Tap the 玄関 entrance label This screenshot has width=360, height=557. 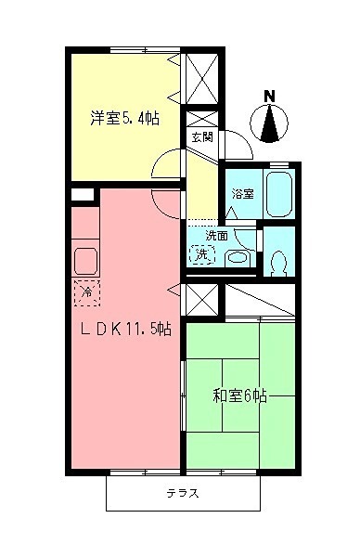click(x=202, y=136)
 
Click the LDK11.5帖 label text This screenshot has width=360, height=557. click(x=124, y=328)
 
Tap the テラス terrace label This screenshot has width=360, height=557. click(x=183, y=493)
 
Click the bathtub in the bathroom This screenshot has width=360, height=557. click(x=278, y=191)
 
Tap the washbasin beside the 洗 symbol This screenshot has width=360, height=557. click(x=238, y=257)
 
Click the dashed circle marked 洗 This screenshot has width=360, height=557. click(x=201, y=253)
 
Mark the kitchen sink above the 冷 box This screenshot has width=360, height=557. click(x=86, y=260)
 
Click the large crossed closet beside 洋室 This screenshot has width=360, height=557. click(x=202, y=78)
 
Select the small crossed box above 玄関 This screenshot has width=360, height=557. click(x=201, y=120)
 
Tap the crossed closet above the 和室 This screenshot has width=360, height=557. click(x=201, y=300)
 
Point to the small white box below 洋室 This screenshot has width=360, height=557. click(x=83, y=195)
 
